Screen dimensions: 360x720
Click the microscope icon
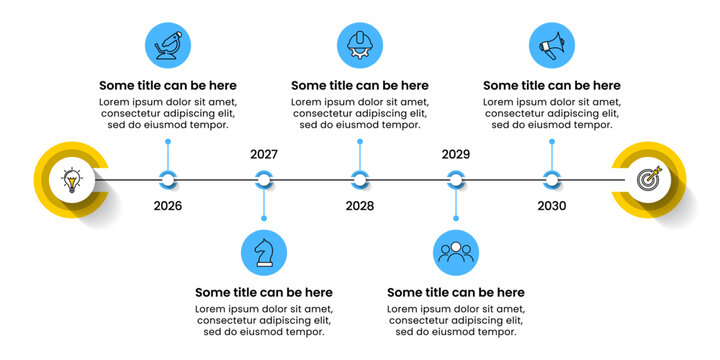(168, 45)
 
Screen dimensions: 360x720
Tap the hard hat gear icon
(360, 45)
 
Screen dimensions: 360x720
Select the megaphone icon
(552, 45)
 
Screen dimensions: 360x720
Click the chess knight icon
(264, 253)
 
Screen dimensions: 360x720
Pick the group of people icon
(456, 253)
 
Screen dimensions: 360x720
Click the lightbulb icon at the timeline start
(71, 180)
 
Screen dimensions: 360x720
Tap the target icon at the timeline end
(649, 180)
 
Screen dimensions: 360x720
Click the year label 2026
(168, 206)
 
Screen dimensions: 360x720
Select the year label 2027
(264, 155)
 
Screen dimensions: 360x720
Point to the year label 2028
(360, 206)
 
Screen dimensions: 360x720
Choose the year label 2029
(456, 155)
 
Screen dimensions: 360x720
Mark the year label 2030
(552, 206)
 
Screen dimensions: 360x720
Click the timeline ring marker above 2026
(168, 180)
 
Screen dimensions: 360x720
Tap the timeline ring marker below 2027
(264, 180)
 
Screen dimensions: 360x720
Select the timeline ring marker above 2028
(360, 180)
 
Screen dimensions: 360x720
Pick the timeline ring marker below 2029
(456, 180)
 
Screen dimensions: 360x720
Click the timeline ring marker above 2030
(552, 180)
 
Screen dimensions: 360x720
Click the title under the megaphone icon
(552, 86)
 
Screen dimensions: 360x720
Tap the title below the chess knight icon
(264, 293)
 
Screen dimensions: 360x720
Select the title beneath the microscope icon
(168, 86)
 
